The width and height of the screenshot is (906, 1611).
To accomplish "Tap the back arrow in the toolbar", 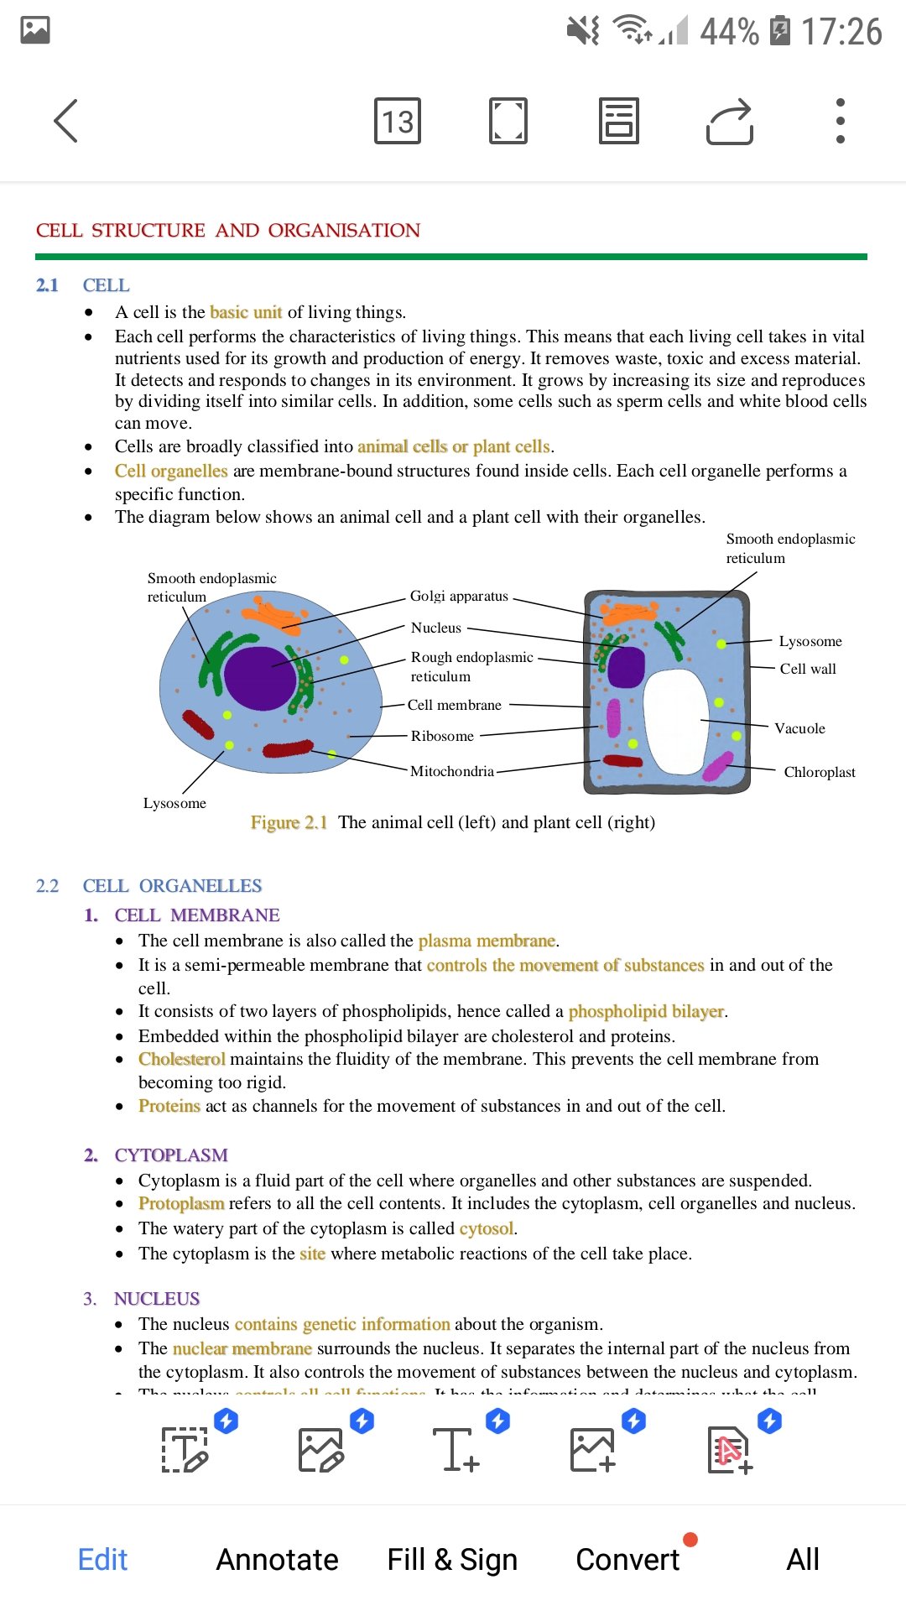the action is pyautogui.click(x=65, y=121).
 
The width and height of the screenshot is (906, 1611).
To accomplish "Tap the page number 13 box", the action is pyautogui.click(x=398, y=121).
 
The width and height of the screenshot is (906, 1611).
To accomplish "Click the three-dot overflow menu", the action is pyautogui.click(x=840, y=121).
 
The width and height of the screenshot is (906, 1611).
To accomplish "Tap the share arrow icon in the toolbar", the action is pyautogui.click(x=730, y=123).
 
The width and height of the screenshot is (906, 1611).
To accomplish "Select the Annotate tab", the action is pyautogui.click(x=278, y=1559).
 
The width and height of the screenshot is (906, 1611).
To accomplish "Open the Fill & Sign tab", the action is pyautogui.click(x=452, y=1560).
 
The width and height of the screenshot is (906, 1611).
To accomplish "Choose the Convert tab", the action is pyautogui.click(x=627, y=1559).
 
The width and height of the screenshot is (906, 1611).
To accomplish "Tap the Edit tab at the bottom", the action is pyautogui.click(x=102, y=1559).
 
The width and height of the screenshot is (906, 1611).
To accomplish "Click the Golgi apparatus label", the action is pyautogui.click(x=459, y=596).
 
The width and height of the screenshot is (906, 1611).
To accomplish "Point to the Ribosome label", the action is pyautogui.click(x=442, y=736).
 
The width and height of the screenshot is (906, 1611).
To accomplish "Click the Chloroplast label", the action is pyautogui.click(x=820, y=772).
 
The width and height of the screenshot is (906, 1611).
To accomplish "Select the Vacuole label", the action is pyautogui.click(x=799, y=728).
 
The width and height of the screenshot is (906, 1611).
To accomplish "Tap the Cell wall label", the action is pyautogui.click(x=808, y=669).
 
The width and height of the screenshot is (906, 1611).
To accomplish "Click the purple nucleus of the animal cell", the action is pyautogui.click(x=260, y=678).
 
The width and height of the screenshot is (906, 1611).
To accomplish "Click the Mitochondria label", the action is pyautogui.click(x=452, y=771).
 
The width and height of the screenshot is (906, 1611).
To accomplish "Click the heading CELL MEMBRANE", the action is pyautogui.click(x=197, y=915).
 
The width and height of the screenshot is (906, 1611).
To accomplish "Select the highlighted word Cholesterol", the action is pyautogui.click(x=182, y=1059).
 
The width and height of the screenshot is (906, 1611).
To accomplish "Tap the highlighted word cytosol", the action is pyautogui.click(x=487, y=1228).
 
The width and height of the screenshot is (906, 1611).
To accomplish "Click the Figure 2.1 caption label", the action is pyautogui.click(x=289, y=822).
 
